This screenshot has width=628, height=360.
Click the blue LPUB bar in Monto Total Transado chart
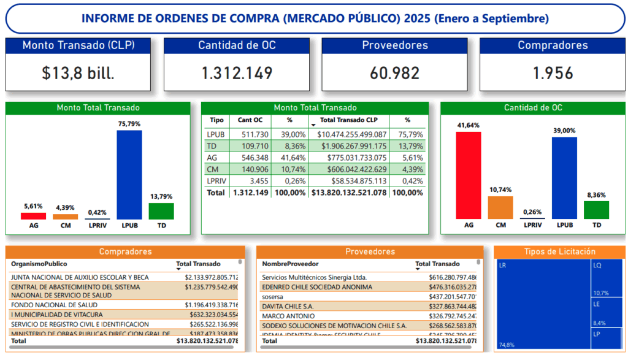[x=129, y=174]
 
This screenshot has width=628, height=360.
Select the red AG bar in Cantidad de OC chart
[x=469, y=175]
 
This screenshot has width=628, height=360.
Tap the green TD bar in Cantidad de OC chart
[x=596, y=210]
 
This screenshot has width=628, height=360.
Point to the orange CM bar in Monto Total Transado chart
[x=66, y=216]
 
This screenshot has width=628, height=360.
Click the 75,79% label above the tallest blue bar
[x=129, y=124]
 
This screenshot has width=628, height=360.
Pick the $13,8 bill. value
[x=78, y=74]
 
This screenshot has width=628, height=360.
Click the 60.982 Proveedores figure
[x=394, y=74]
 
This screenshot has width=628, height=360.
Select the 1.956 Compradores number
[x=553, y=74]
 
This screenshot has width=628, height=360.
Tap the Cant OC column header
[x=250, y=120]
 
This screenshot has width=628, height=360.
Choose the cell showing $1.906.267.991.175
[x=349, y=146]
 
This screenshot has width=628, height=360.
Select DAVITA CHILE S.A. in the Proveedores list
[x=288, y=306]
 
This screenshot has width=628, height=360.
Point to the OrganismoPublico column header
[x=38, y=264]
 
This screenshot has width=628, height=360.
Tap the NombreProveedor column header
[x=290, y=264]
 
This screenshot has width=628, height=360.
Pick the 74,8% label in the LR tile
[x=507, y=345]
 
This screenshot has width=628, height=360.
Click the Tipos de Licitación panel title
[x=560, y=251]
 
